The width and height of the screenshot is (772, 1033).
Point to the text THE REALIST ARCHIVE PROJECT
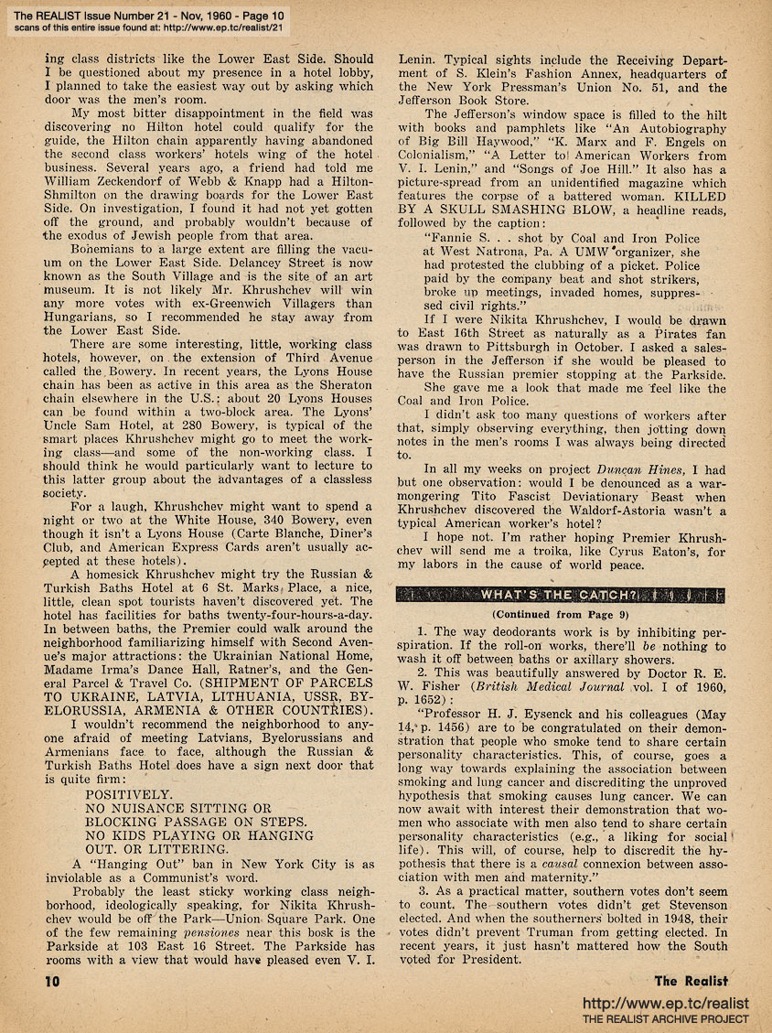[667, 1019]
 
